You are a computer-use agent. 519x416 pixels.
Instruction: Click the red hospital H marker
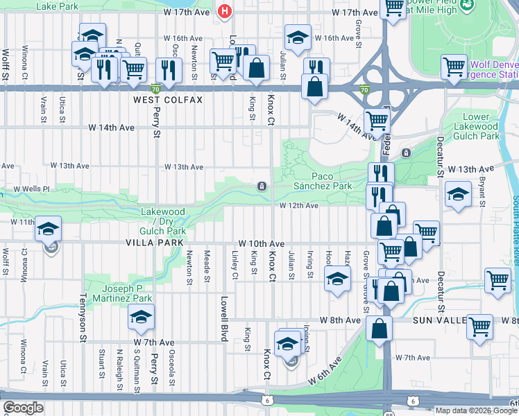223,11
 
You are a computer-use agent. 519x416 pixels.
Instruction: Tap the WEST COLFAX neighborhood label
168,101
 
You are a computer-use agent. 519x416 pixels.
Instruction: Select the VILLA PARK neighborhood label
155,243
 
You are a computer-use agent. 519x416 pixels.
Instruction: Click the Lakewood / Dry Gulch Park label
163,220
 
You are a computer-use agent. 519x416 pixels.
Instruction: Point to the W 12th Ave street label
299,206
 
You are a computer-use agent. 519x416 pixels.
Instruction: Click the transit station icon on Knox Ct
262,186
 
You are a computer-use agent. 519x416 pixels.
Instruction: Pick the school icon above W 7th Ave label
141,318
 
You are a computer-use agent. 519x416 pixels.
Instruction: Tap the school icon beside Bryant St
458,194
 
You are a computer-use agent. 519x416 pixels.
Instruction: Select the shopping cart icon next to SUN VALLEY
479,327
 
